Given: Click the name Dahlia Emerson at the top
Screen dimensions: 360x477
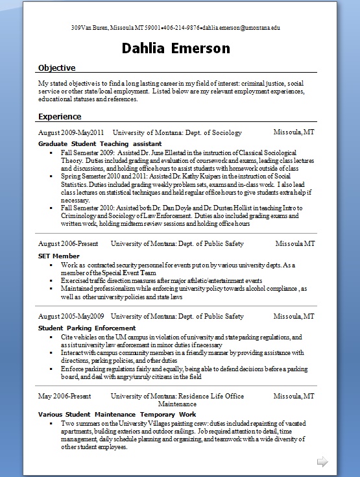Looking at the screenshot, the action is click(x=176, y=48).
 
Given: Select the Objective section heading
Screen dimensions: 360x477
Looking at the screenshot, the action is click(x=57, y=68).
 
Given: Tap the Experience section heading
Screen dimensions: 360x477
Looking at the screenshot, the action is click(x=60, y=117).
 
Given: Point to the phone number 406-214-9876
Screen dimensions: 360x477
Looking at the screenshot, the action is click(x=182, y=28).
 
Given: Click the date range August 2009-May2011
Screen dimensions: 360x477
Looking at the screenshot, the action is click(x=71, y=132).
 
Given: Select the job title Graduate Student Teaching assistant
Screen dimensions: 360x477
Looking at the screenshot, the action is click(x=99, y=143).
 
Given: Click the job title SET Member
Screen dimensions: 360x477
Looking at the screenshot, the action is click(x=59, y=256).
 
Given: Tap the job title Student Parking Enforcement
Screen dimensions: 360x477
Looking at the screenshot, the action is click(x=87, y=328).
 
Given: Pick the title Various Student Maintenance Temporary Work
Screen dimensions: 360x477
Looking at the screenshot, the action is click(x=117, y=414).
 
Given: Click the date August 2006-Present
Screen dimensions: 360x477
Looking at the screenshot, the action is click(x=67, y=244).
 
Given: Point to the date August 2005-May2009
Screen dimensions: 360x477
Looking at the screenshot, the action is click(x=71, y=316).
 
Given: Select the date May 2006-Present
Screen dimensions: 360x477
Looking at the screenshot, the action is click(x=64, y=396).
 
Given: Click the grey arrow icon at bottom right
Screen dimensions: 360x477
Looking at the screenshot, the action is click(x=322, y=461).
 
